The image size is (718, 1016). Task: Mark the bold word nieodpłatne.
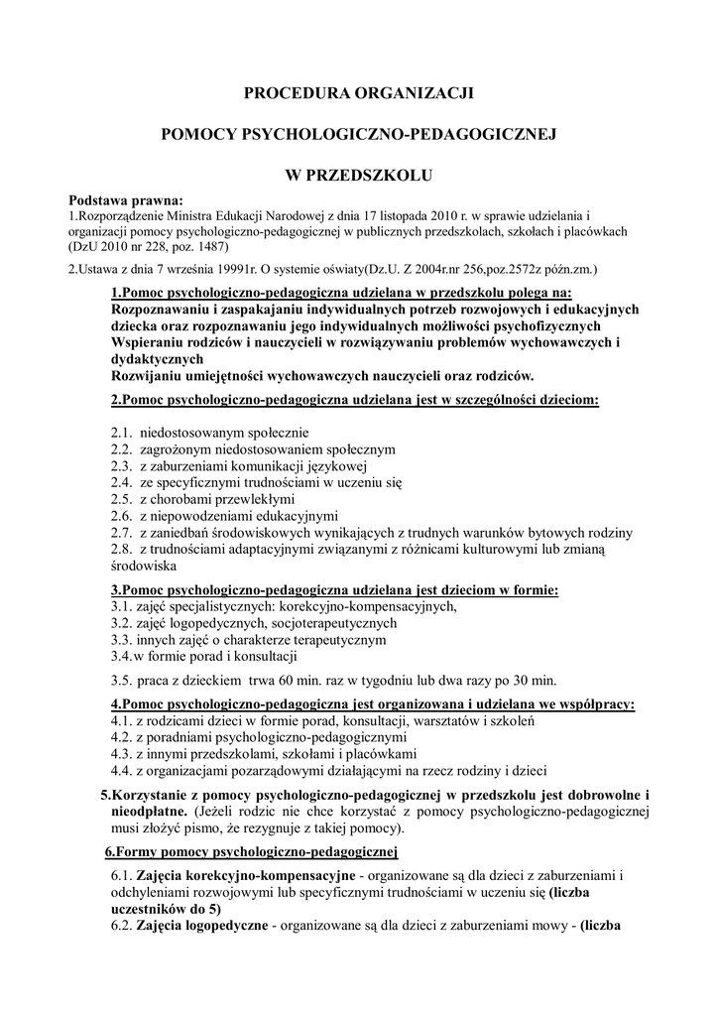click(x=150, y=811)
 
